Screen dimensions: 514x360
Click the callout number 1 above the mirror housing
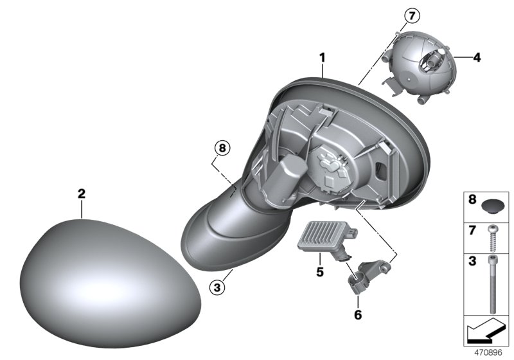(x=323, y=58)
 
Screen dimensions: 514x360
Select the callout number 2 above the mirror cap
(x=82, y=194)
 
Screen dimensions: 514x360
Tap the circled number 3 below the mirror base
(x=217, y=288)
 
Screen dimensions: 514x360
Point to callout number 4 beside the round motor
(x=477, y=58)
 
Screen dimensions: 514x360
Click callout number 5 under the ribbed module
(x=320, y=271)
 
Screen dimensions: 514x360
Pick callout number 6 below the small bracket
(x=358, y=315)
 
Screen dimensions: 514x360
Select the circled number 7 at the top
(x=412, y=15)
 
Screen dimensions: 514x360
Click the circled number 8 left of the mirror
(x=222, y=148)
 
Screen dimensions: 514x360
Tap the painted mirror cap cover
(x=110, y=283)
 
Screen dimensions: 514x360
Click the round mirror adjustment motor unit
(x=417, y=67)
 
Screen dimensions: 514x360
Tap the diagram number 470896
(x=488, y=353)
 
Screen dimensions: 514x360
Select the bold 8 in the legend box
(x=472, y=199)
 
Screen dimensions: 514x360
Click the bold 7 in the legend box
(x=472, y=231)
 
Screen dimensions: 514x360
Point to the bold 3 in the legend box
(x=472, y=261)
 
